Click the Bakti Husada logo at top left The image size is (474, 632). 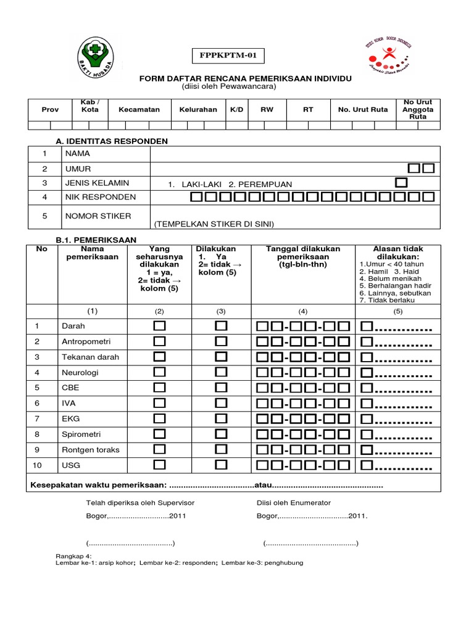96,57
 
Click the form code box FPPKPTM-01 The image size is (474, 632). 227,56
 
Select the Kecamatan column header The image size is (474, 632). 139,109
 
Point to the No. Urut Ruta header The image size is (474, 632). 363,109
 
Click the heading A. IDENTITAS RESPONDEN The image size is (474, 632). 112,141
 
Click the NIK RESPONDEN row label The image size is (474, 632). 97,197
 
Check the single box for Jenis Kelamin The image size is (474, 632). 402,183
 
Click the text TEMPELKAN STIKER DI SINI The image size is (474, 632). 214,223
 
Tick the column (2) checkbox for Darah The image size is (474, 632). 160,325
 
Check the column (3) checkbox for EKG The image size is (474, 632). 221,418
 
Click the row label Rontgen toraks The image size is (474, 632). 90,449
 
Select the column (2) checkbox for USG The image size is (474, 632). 160,465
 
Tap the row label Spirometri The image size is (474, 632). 82,434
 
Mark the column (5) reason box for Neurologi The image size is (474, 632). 367,372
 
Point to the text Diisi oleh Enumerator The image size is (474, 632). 294,503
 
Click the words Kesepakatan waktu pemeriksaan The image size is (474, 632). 99,486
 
